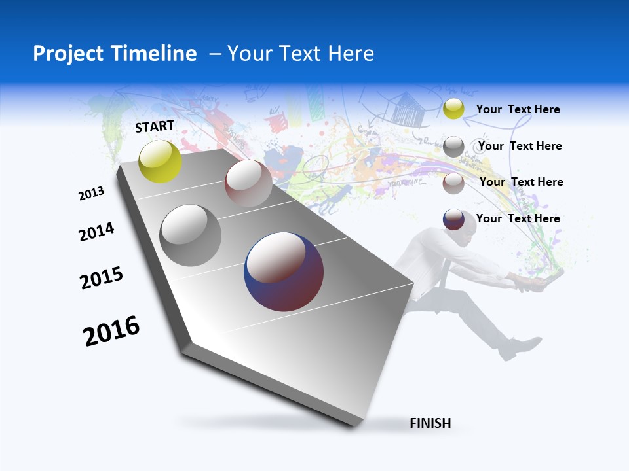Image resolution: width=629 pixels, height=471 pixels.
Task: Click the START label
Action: tap(155, 126)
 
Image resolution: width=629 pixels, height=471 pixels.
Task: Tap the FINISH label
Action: tap(430, 423)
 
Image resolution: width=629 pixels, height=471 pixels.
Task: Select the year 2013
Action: tap(92, 194)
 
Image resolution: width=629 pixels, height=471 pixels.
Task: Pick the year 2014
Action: tap(96, 232)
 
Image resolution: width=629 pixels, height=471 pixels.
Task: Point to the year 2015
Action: tap(102, 278)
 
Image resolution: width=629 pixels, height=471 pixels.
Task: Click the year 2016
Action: tap(111, 331)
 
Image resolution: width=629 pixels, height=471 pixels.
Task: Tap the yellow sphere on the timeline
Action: tap(160, 161)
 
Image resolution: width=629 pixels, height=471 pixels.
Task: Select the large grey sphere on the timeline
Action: tap(190, 235)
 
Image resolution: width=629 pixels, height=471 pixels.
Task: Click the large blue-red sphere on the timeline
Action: tap(284, 271)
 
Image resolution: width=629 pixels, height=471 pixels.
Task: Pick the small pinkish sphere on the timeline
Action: tap(248, 183)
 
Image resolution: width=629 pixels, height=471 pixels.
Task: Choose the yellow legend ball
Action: tap(453, 109)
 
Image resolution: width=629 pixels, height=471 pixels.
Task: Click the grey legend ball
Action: tap(453, 147)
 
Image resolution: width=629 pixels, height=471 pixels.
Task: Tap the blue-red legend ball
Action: tap(453, 219)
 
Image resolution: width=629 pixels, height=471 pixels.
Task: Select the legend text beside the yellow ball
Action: tap(518, 110)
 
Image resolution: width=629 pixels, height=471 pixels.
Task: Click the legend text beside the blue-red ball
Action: tap(518, 218)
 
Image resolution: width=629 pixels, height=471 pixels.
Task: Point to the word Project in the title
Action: tap(68, 54)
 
